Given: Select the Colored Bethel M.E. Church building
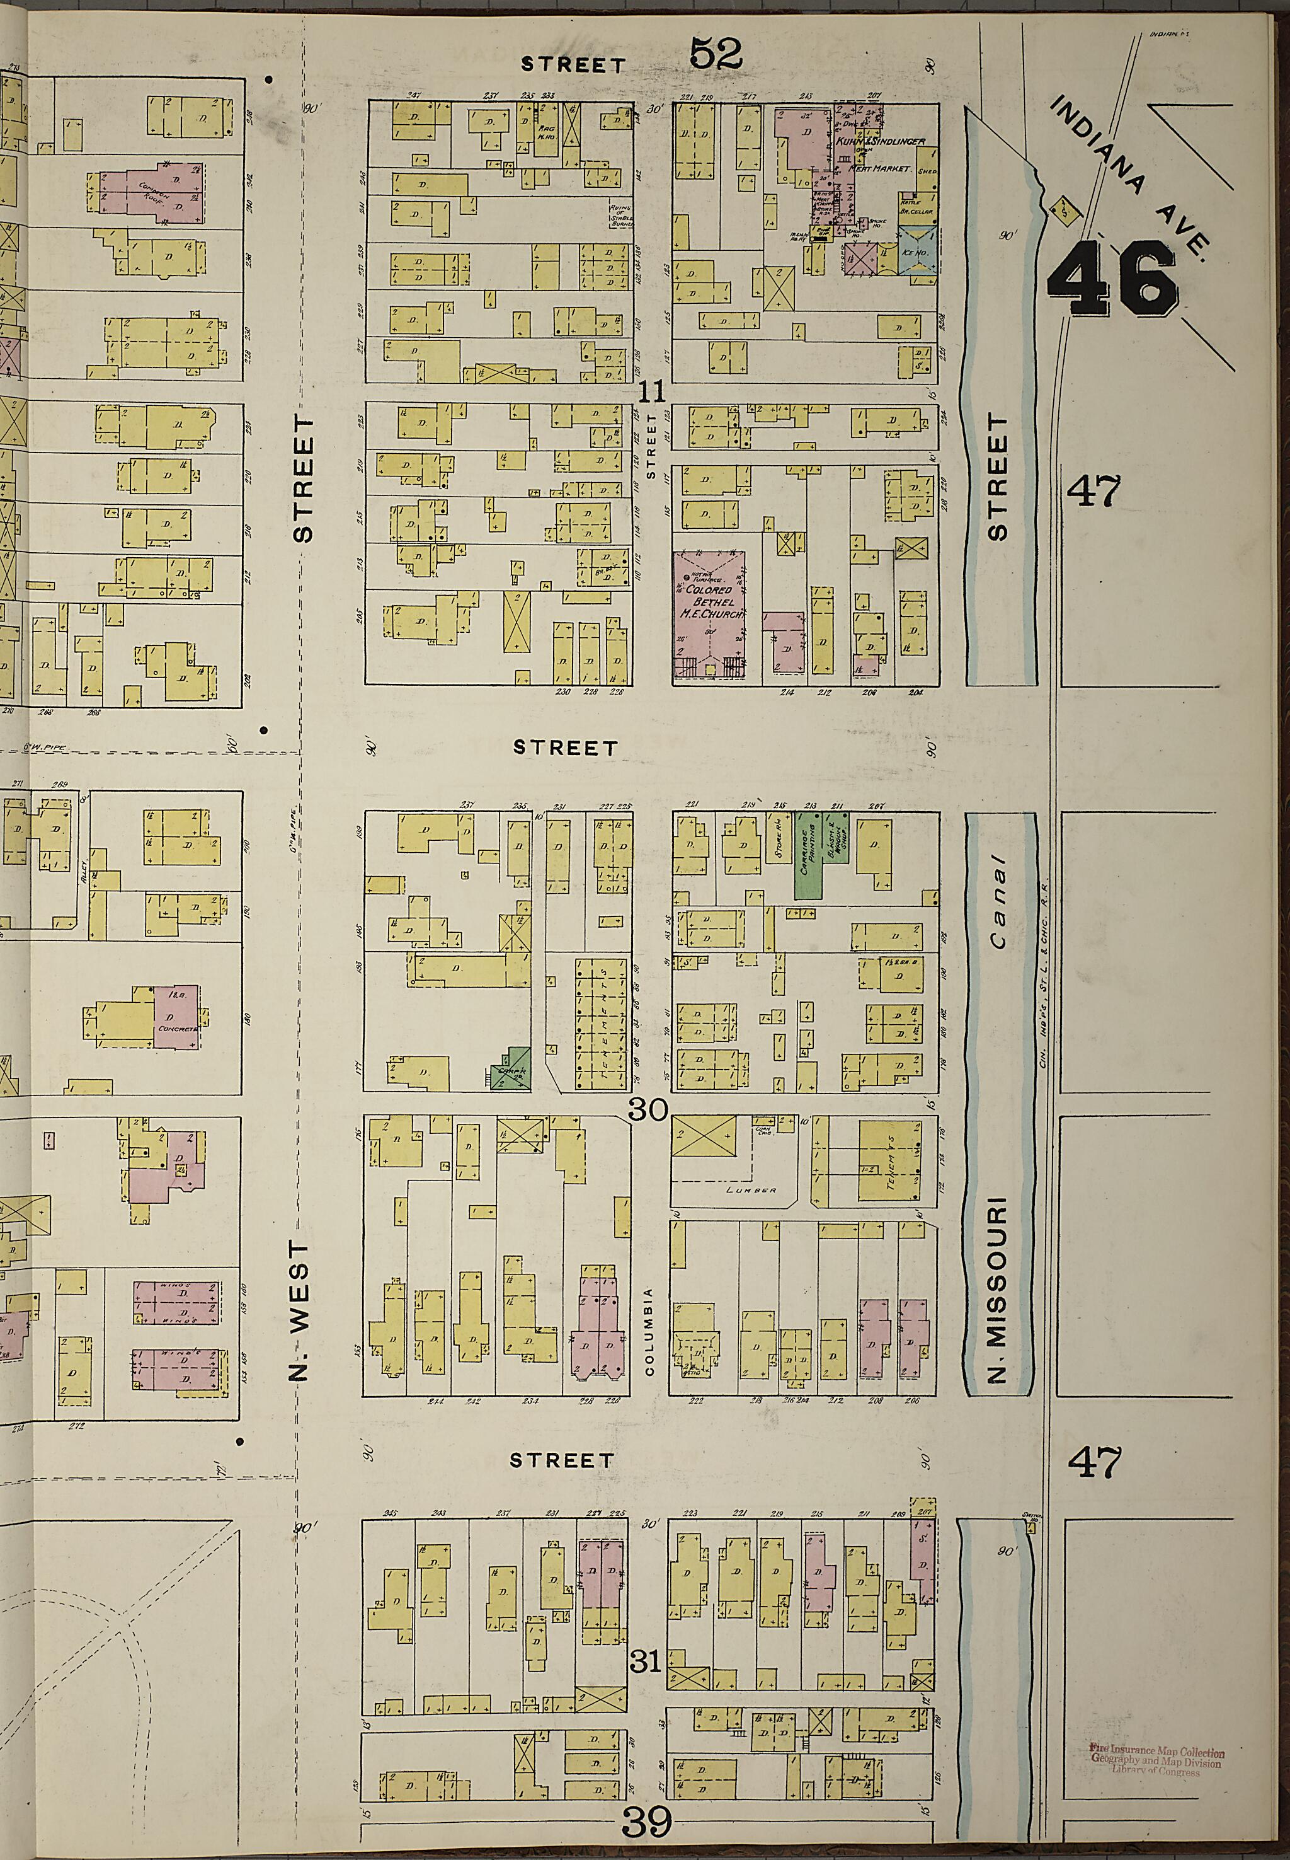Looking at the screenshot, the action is [709, 612].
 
